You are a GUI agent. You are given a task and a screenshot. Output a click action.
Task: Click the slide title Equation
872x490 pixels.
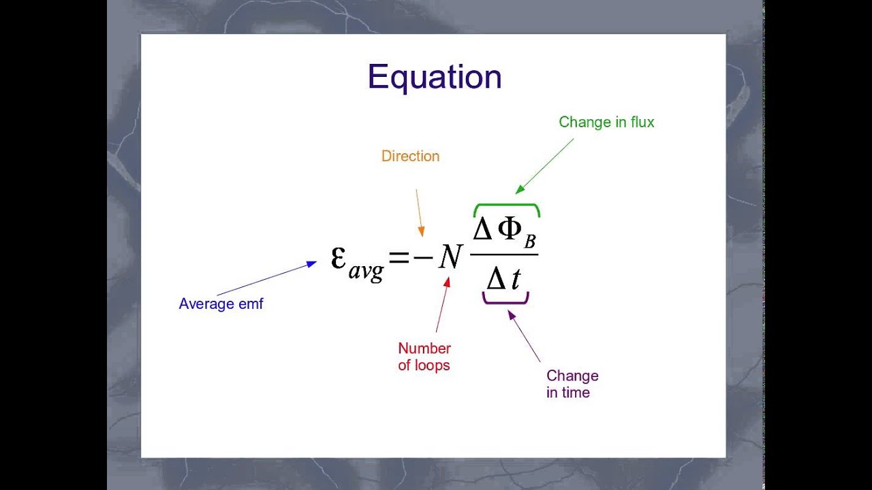click(435, 77)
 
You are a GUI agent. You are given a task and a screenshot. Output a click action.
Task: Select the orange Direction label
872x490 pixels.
click(410, 156)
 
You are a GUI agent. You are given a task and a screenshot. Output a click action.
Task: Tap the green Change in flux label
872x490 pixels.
click(606, 122)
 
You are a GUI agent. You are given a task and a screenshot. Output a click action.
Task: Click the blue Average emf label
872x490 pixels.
click(221, 304)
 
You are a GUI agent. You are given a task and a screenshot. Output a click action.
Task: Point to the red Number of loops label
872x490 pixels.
click(424, 357)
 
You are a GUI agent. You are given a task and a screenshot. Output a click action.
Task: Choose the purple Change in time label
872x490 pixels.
click(572, 384)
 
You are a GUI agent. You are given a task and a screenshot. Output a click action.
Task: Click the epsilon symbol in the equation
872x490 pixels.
click(339, 257)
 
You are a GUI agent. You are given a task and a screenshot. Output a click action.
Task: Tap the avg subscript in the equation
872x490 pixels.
click(366, 271)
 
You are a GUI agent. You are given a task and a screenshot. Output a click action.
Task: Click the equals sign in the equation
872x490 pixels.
click(399, 257)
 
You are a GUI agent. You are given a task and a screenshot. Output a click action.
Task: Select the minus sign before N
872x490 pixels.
click(422, 257)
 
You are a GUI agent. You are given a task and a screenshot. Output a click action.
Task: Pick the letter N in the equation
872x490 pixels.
click(450, 257)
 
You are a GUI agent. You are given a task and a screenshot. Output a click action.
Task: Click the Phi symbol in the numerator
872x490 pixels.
click(510, 230)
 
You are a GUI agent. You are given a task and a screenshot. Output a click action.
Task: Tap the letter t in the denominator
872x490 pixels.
click(516, 278)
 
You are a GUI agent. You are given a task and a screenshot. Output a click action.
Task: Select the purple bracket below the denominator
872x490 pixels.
click(505, 299)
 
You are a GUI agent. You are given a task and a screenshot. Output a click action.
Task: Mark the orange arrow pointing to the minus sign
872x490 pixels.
click(419, 212)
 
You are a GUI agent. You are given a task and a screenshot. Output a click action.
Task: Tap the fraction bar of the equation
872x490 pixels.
click(504, 255)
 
